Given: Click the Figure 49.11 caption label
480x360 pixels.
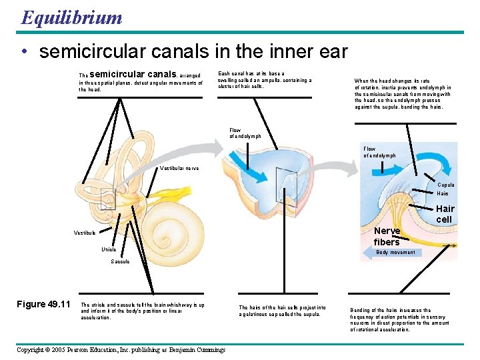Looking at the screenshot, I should click(x=43, y=305).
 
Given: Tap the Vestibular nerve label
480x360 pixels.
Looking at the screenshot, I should click(x=179, y=169).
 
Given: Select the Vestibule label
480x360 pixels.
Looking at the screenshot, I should click(x=85, y=233).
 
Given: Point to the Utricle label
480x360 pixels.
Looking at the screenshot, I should click(x=109, y=249).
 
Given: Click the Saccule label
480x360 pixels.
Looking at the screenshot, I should click(x=121, y=262).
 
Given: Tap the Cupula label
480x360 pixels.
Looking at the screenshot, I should click(x=445, y=185).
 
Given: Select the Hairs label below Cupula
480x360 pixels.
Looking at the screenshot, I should click(x=443, y=194).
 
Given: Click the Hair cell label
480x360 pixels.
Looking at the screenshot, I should click(x=445, y=214).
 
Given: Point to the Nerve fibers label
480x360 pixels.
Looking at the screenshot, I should click(x=387, y=236).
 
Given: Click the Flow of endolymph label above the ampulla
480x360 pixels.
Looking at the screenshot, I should click(x=245, y=133).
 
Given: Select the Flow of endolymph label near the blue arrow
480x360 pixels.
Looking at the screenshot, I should click(x=379, y=152).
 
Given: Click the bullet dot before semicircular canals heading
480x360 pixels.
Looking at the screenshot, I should click(x=24, y=52).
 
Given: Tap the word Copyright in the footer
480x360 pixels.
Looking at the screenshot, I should click(x=35, y=349).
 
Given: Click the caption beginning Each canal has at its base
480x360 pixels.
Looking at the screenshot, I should click(x=265, y=80).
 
